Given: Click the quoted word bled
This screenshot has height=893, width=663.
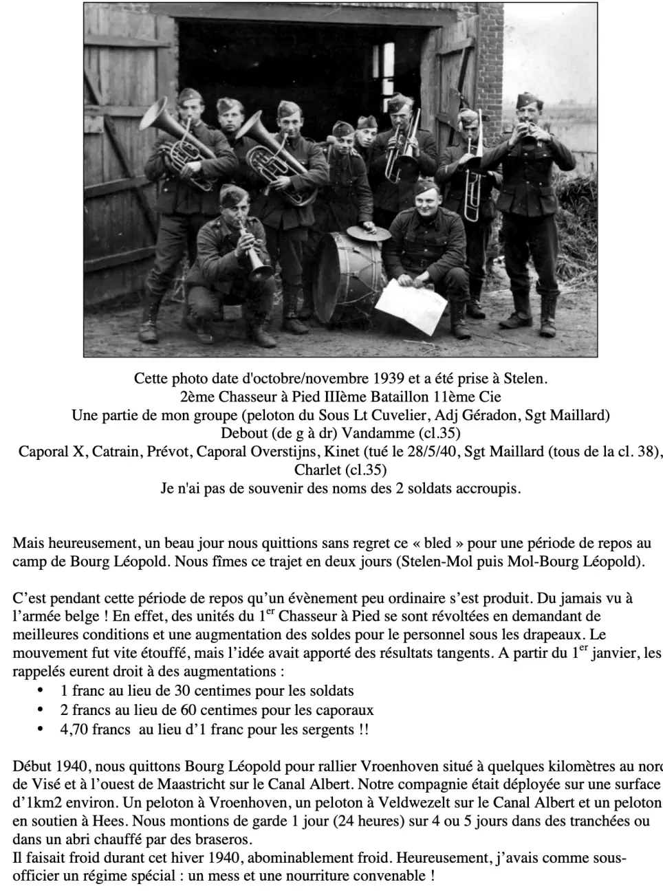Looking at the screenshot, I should tap(437, 543).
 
